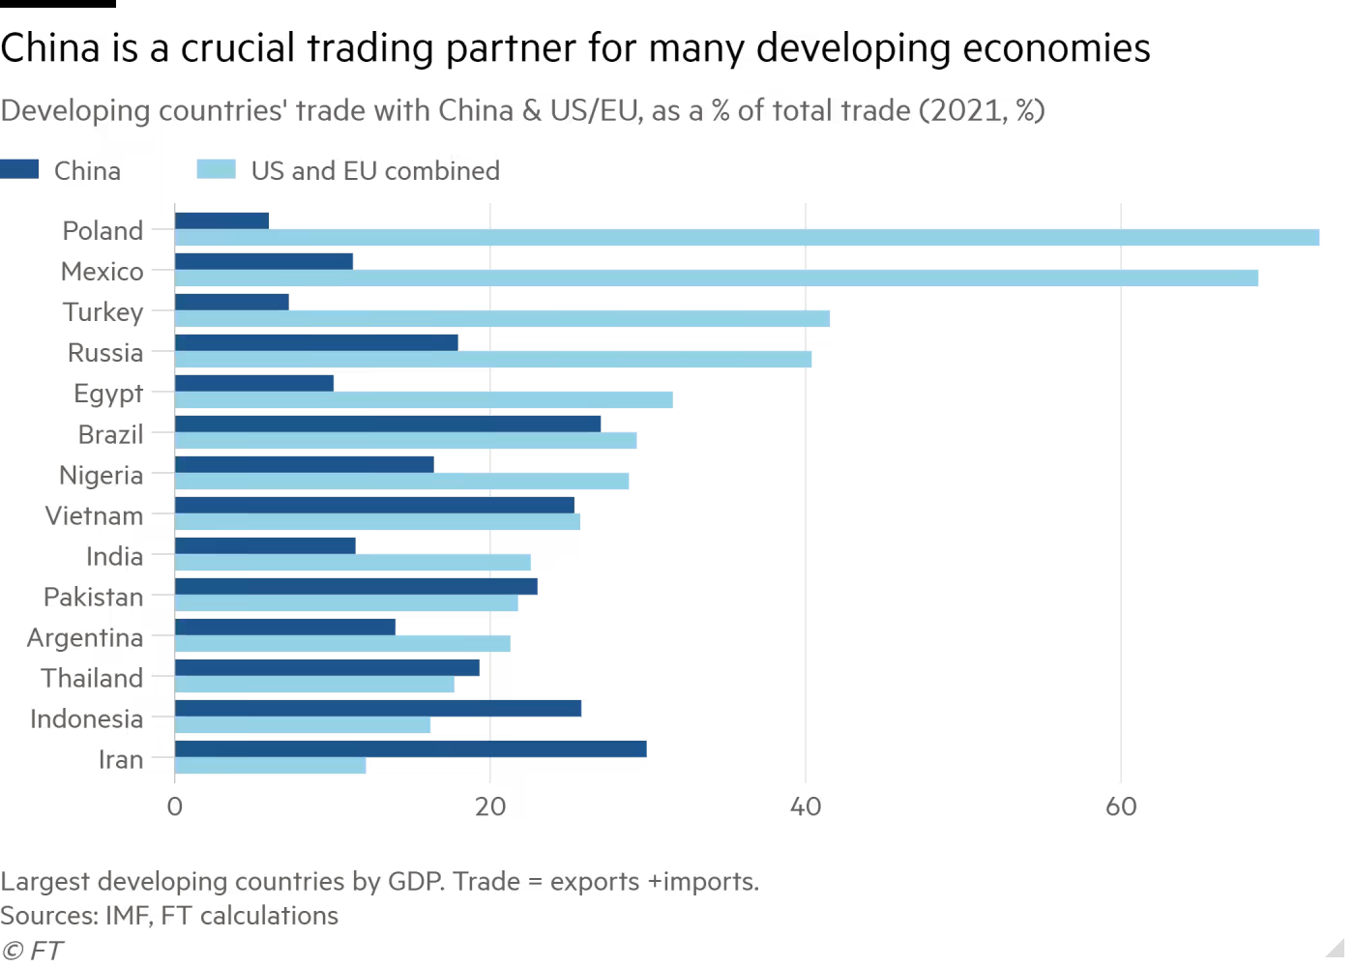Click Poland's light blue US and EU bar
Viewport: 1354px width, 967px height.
(x=747, y=238)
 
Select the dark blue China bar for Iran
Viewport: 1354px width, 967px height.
(x=410, y=748)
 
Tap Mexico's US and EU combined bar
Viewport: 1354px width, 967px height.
(x=717, y=278)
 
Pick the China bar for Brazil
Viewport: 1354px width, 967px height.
(x=388, y=424)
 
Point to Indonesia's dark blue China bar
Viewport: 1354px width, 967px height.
(x=378, y=708)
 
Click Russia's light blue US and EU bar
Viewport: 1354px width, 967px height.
(x=493, y=360)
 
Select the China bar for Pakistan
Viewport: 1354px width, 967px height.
(x=356, y=586)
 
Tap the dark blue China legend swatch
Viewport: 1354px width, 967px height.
(x=19, y=169)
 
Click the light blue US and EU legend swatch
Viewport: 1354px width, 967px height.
(x=216, y=169)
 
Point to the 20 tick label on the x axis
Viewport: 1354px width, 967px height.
(x=490, y=806)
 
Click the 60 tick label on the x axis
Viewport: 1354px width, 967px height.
(x=1121, y=806)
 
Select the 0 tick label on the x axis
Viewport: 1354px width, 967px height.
(x=175, y=806)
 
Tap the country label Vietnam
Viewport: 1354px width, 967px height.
(x=94, y=515)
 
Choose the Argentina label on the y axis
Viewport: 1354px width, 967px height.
(x=85, y=637)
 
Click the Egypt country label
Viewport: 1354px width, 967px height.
(x=108, y=394)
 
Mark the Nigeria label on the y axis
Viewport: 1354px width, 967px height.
(x=101, y=475)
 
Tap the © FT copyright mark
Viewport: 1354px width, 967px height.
(x=32, y=951)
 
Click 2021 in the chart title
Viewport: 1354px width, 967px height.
(x=962, y=111)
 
